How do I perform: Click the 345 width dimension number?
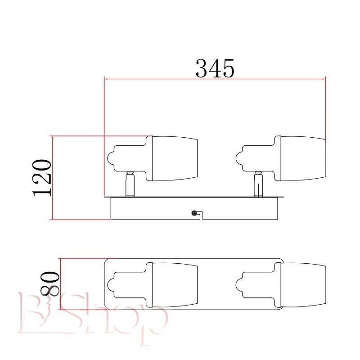point(215,68)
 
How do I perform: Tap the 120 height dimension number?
point(41,178)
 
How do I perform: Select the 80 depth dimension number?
point(50,284)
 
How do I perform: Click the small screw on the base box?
point(194,213)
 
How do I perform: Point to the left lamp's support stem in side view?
point(130,184)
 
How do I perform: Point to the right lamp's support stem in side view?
point(258,184)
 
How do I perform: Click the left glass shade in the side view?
point(175,158)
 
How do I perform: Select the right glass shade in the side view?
point(303,158)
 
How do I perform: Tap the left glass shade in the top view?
point(175,285)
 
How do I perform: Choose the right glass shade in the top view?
point(303,285)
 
